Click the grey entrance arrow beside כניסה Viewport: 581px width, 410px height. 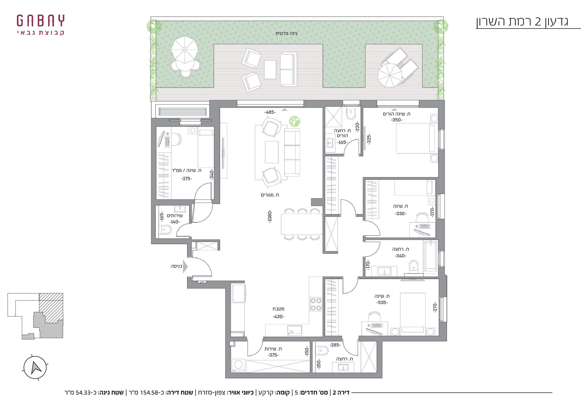(185, 266)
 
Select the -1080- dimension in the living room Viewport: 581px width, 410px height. (270, 216)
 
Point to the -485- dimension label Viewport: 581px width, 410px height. (270, 112)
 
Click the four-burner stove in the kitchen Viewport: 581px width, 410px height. (316, 304)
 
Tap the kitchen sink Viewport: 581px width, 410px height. (295, 330)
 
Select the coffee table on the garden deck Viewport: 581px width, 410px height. (270, 70)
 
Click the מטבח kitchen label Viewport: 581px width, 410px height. (278, 309)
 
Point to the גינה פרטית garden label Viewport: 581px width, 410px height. (286, 33)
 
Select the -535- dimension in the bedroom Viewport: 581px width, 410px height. (382, 303)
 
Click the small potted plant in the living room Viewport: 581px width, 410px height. (295, 121)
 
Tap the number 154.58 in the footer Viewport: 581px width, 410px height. (149, 393)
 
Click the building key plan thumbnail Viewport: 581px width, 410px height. (35, 316)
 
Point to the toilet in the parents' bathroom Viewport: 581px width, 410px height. (351, 114)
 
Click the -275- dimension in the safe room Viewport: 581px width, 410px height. (187, 178)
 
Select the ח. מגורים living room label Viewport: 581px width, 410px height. (270, 195)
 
